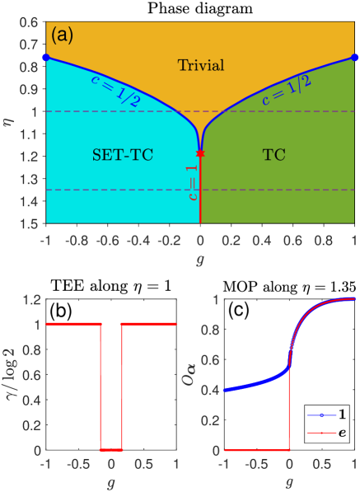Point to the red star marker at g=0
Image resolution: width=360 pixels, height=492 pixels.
(x=200, y=153)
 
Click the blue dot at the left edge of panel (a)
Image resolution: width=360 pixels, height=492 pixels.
(x=46, y=57)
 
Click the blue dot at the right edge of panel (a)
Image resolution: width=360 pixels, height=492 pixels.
(x=354, y=57)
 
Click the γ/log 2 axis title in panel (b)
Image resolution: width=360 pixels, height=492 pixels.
(x=11, y=367)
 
